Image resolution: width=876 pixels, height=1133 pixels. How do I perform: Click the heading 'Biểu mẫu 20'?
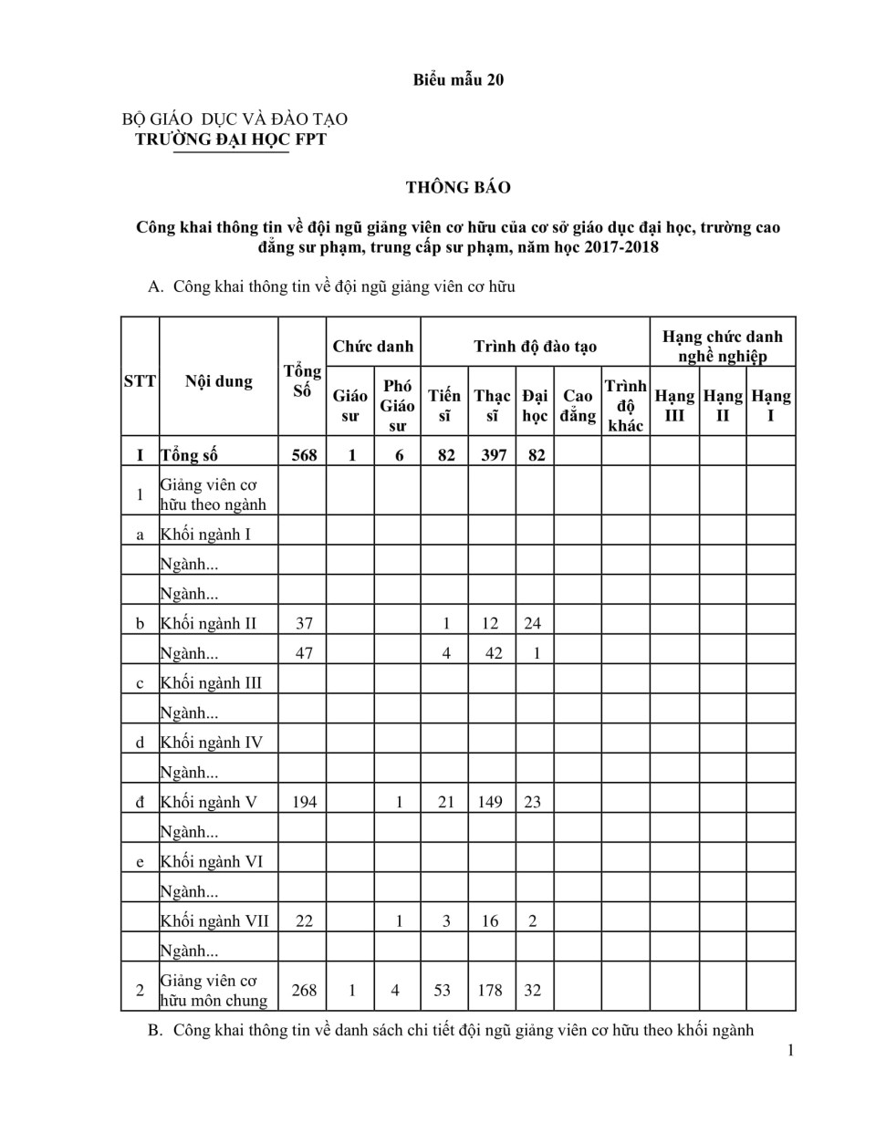(x=458, y=80)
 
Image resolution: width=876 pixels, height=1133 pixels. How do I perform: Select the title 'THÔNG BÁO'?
(x=458, y=188)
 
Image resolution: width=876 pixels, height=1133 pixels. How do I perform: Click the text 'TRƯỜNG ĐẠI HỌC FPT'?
(x=231, y=140)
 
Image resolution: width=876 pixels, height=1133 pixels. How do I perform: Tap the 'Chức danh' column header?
(x=373, y=347)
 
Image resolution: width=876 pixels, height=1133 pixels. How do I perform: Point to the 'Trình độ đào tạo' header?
(x=535, y=347)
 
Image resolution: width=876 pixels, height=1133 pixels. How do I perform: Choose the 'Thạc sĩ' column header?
(x=493, y=406)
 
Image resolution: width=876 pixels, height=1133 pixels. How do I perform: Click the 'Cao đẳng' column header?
(x=578, y=406)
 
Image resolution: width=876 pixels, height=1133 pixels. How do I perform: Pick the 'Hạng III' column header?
(x=674, y=406)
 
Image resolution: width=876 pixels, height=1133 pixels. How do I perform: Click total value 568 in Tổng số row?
(x=304, y=454)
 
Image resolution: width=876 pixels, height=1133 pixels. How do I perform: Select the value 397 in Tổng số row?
(x=493, y=454)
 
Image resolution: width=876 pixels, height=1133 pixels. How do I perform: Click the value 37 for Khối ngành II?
(x=304, y=624)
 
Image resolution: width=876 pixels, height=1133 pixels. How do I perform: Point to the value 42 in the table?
(x=493, y=653)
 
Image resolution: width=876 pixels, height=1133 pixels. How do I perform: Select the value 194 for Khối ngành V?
(x=304, y=802)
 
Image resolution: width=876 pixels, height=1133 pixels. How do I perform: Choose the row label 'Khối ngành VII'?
(x=214, y=920)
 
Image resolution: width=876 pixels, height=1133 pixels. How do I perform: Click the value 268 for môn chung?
(x=304, y=990)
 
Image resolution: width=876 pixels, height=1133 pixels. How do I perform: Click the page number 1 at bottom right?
(x=790, y=1050)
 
